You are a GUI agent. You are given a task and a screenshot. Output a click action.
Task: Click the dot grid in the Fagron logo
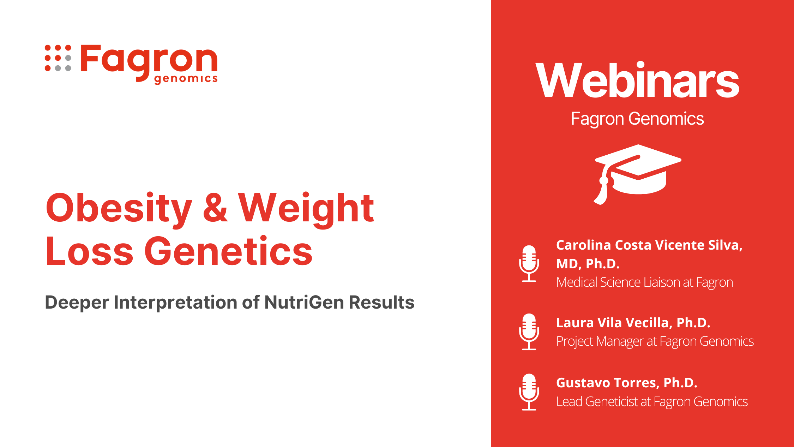tap(58, 58)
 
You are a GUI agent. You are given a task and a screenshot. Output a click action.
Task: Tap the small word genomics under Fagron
tap(186, 79)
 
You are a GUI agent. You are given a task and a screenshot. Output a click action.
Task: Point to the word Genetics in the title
tap(228, 251)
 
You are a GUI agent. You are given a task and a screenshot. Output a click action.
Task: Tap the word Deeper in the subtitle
tap(77, 303)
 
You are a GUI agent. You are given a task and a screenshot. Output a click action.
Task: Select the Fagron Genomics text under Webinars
tap(637, 119)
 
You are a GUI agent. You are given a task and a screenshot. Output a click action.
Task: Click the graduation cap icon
tap(637, 174)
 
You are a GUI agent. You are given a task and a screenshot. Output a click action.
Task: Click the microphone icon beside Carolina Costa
tap(529, 263)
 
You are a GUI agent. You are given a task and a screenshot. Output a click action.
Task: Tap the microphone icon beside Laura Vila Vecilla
tap(529, 332)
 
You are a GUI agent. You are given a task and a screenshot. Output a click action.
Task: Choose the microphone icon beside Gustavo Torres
tap(529, 392)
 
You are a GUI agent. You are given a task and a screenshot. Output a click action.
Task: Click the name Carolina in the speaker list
tap(584, 245)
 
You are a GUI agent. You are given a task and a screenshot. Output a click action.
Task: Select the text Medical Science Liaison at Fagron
tap(645, 282)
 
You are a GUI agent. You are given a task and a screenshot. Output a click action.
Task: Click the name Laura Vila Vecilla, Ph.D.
tap(633, 323)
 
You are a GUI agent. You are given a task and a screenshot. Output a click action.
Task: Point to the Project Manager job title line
tap(655, 341)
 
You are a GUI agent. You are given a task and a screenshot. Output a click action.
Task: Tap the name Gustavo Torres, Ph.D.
tap(627, 383)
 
